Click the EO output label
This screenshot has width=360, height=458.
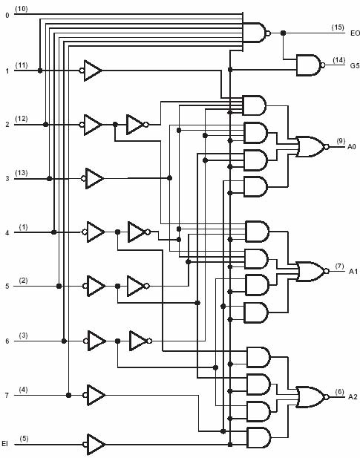click(355, 33)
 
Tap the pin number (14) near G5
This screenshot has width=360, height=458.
click(338, 60)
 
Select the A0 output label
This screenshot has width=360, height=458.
click(352, 146)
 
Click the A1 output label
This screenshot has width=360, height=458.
click(353, 272)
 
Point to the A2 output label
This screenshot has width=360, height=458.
click(353, 396)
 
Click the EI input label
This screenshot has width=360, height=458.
click(4, 444)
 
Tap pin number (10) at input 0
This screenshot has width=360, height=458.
click(22, 9)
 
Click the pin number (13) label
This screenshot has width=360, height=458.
click(22, 173)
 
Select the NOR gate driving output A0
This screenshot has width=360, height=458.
click(312, 146)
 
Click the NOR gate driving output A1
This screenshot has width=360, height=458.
click(312, 272)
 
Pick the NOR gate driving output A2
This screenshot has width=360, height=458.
click(312, 397)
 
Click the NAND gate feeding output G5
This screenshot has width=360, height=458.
click(311, 65)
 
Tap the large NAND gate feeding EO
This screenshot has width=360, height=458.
click(257, 33)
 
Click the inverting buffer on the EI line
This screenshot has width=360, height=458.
click(94, 445)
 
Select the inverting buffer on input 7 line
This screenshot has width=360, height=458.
click(94, 395)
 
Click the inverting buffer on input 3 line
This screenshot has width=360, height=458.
click(92, 178)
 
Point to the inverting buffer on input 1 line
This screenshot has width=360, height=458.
click(91, 71)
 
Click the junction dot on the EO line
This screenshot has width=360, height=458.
click(283, 33)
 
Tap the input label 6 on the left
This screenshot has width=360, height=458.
click(7, 341)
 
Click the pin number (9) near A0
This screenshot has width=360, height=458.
click(341, 141)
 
